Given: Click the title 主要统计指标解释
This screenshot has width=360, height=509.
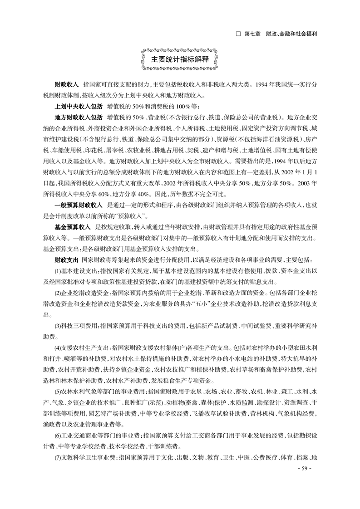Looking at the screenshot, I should [180, 59].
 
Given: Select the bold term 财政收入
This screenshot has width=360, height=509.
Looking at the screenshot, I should [66, 85].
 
